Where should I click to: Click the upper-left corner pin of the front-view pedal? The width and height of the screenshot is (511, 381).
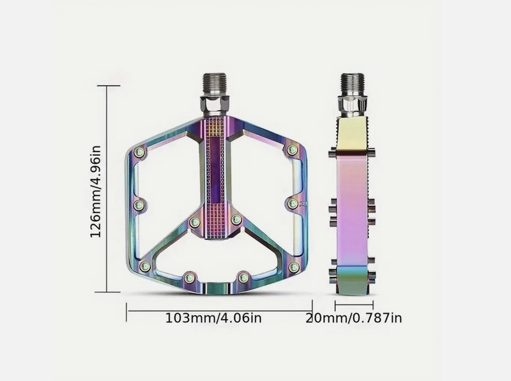point(140,152)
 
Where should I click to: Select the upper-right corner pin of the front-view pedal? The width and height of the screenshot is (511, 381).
point(293,150)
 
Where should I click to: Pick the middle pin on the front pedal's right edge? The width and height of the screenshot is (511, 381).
point(292,203)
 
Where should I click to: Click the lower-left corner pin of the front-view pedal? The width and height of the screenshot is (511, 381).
point(145,266)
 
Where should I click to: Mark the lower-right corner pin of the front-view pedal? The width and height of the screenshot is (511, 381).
point(294,267)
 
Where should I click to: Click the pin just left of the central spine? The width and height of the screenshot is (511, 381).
point(195,222)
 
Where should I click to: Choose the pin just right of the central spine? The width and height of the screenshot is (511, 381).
point(236,220)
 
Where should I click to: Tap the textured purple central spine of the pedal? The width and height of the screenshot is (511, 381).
point(216,173)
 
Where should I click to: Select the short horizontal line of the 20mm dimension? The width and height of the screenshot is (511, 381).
point(354,306)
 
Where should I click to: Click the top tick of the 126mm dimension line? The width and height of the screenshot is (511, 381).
point(108,85)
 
